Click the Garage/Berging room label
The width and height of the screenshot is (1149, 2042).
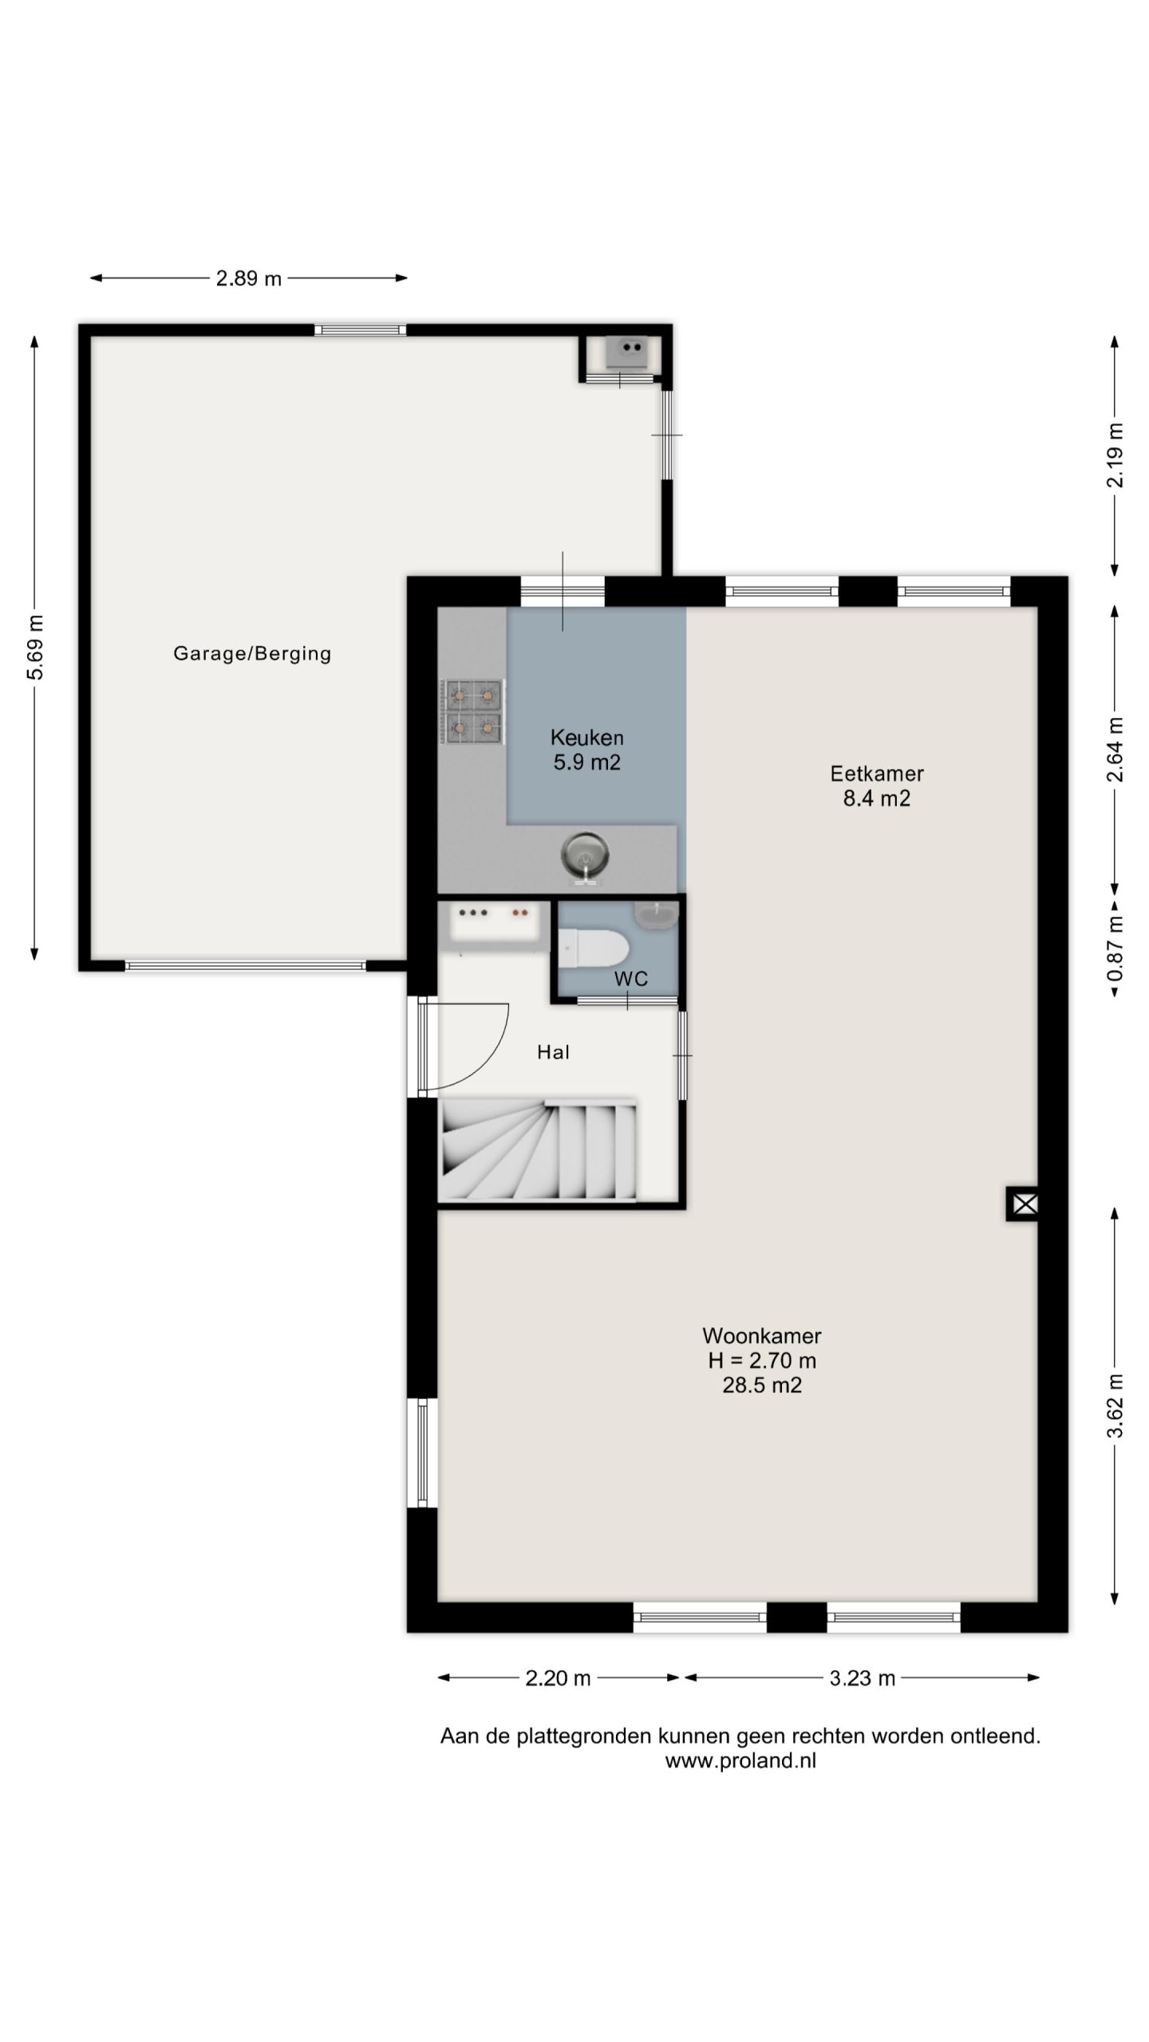click(x=252, y=654)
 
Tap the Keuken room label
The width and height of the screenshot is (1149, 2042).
click(x=586, y=738)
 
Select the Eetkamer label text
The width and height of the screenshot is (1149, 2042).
click(x=877, y=774)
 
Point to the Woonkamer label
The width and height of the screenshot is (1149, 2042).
click(x=762, y=1335)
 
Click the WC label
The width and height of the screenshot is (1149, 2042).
click(x=631, y=979)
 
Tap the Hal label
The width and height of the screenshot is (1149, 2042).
click(x=554, y=1052)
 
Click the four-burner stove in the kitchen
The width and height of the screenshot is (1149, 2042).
click(x=472, y=712)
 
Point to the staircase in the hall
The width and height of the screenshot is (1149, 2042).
click(x=539, y=1150)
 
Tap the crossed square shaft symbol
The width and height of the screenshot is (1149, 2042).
click(x=1025, y=1204)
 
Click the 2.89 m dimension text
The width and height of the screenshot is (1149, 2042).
click(x=249, y=278)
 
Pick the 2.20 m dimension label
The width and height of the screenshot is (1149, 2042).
click(x=558, y=1678)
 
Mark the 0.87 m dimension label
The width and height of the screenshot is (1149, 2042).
click(x=1115, y=949)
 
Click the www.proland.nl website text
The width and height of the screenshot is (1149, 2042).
click(x=740, y=1761)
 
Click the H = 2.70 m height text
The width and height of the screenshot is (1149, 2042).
click(x=762, y=1360)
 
